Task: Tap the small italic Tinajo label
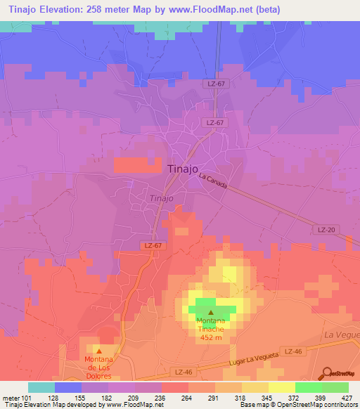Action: pos(162,198)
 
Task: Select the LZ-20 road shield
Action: pos(325,230)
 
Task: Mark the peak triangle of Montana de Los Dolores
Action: pos(98,351)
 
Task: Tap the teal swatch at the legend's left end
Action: pos(41,387)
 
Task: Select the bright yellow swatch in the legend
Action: pos(281,387)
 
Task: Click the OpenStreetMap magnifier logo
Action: pos(327,374)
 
